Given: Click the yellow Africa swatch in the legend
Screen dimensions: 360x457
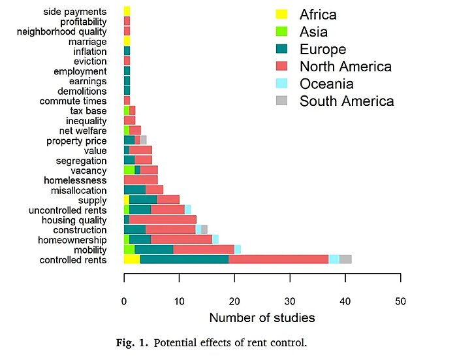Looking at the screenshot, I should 281,14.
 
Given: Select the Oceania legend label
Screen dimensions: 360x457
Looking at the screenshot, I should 326,84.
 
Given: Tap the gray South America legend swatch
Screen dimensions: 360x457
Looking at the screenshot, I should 281,101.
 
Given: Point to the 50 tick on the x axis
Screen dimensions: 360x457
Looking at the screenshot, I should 400,301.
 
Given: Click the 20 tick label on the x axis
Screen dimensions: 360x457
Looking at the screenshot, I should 234,301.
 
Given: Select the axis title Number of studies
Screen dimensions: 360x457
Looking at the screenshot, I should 262,319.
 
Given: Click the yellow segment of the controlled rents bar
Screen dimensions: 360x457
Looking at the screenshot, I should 132,259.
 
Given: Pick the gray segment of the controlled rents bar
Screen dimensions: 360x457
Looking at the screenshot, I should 345,259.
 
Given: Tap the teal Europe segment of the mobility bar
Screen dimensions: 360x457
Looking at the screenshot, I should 154,250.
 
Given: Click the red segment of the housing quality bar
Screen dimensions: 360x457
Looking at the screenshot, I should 163,220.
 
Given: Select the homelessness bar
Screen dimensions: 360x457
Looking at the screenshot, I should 140,180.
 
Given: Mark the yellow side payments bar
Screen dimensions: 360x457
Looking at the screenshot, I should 127,11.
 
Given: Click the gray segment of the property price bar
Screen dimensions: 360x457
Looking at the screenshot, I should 143,140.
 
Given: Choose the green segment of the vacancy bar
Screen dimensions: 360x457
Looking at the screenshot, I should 129,170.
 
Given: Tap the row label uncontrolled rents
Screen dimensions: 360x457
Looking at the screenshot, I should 68,210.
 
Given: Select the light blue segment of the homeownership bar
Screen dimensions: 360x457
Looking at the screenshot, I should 215,239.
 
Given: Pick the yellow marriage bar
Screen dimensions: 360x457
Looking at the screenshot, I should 127,41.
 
